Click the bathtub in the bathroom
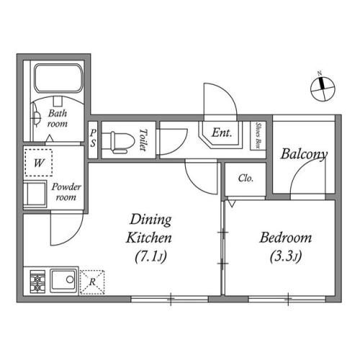pyautogui.click(x=58, y=78)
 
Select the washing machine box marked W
pyautogui.click(x=39, y=163)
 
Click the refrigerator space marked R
pyautogui.click(x=92, y=282)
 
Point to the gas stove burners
pyautogui.click(x=37, y=282)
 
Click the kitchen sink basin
pyautogui.click(x=63, y=281)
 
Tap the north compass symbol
pyautogui.click(x=323, y=88)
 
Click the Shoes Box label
pyautogui.click(x=258, y=136)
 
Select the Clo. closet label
pyautogui.click(x=246, y=178)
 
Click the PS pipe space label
pyautogui.click(x=93, y=138)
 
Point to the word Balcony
pyautogui.click(x=304, y=154)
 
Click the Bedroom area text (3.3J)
pyautogui.click(x=286, y=256)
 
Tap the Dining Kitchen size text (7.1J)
pyautogui.click(x=150, y=256)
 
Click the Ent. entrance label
pyautogui.click(x=222, y=132)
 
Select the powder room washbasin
pyautogui.click(x=35, y=194)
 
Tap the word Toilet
pyautogui.click(x=143, y=140)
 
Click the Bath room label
pyautogui.click(x=58, y=118)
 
